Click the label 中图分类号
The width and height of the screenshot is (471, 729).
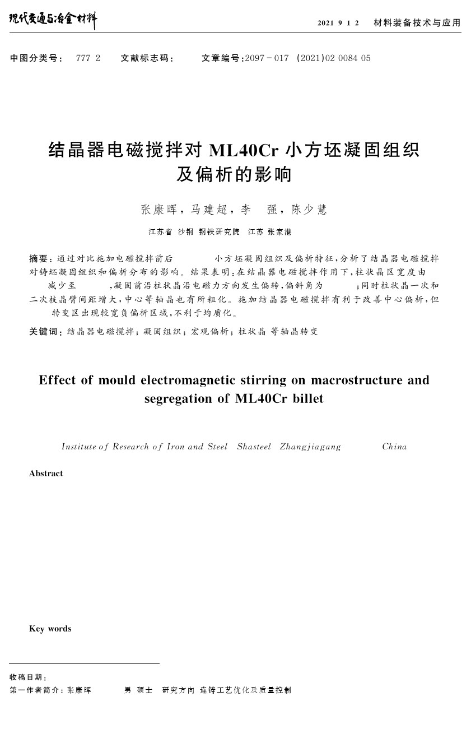pos(35,58)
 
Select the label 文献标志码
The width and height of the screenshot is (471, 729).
pos(146,58)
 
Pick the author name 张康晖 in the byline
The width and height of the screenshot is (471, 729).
pos(158,210)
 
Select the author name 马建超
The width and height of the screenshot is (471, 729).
pos(209,210)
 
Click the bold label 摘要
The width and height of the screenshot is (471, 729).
pos(39,258)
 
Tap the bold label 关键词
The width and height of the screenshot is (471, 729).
pos(44,332)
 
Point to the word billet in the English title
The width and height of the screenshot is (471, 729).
pos(308,399)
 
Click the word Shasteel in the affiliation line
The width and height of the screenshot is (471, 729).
pos(254,447)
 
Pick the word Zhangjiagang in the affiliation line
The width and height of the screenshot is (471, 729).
pos(310,447)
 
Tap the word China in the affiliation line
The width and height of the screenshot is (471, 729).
pos(394,447)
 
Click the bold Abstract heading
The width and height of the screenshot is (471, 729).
pos(46,473)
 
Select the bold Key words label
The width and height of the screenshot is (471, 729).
pos(50,629)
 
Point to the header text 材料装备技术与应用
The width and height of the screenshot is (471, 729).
pos(417,23)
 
